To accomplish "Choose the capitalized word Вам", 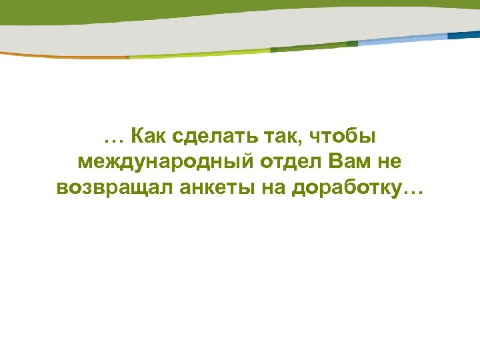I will [337, 163].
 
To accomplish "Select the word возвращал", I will [114, 189].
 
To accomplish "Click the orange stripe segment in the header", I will [67, 57].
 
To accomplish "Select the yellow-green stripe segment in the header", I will [200, 53].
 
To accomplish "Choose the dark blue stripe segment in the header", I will [464, 34].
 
